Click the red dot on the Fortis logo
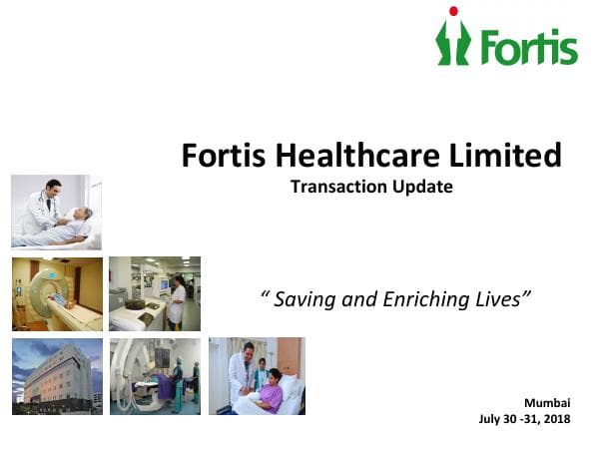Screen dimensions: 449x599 pyautogui.click(x=453, y=11)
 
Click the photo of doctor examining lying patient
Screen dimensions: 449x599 pyautogui.click(x=56, y=212)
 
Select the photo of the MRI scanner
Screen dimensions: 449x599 pyautogui.click(x=56, y=294)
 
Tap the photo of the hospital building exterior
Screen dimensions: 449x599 pyautogui.click(x=56, y=376)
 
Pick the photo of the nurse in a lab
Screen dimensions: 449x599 pyautogui.click(x=154, y=294)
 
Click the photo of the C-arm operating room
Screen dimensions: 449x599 pyautogui.click(x=154, y=376)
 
